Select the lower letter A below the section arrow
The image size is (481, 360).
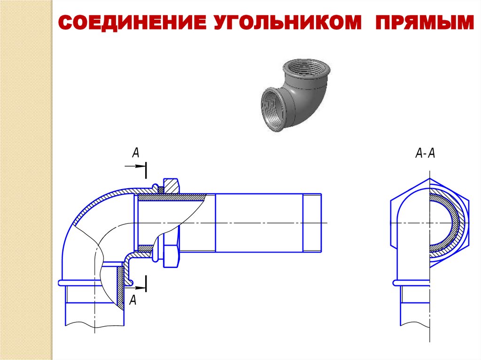133,300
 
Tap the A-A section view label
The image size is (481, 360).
426,153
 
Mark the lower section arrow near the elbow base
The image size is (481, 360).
138,283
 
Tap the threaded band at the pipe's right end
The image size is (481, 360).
312,222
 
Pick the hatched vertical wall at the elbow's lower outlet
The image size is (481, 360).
121,286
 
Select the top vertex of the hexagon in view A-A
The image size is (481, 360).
429,179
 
